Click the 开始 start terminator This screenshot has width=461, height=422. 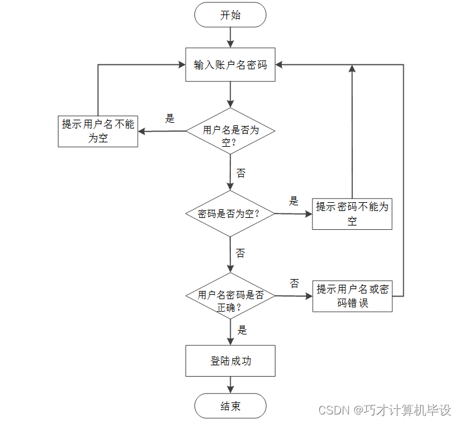click(x=230, y=15)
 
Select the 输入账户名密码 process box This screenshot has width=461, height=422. click(x=230, y=64)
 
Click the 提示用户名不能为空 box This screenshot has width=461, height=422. click(x=97, y=131)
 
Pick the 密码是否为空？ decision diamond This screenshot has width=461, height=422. click(x=230, y=214)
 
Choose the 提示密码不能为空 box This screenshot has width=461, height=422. click(x=352, y=214)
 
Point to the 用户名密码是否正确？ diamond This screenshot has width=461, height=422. click(x=230, y=295)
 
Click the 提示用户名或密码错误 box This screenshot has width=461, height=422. click(x=352, y=296)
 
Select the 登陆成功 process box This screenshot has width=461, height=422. click(x=230, y=361)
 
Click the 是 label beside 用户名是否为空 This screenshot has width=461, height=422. click(x=169, y=118)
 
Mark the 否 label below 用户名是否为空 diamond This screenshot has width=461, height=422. click(x=241, y=173)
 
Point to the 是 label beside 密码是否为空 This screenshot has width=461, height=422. click(x=294, y=202)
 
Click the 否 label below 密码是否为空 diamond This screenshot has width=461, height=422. click(x=241, y=253)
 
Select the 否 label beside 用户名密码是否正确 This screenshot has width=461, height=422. click(x=294, y=283)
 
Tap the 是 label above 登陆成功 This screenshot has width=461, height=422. click(x=242, y=329)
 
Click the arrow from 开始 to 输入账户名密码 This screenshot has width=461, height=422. click(x=230, y=38)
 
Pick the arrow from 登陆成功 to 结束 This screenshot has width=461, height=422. click(x=230, y=385)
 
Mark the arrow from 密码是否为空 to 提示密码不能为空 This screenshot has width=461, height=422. click(x=293, y=214)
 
